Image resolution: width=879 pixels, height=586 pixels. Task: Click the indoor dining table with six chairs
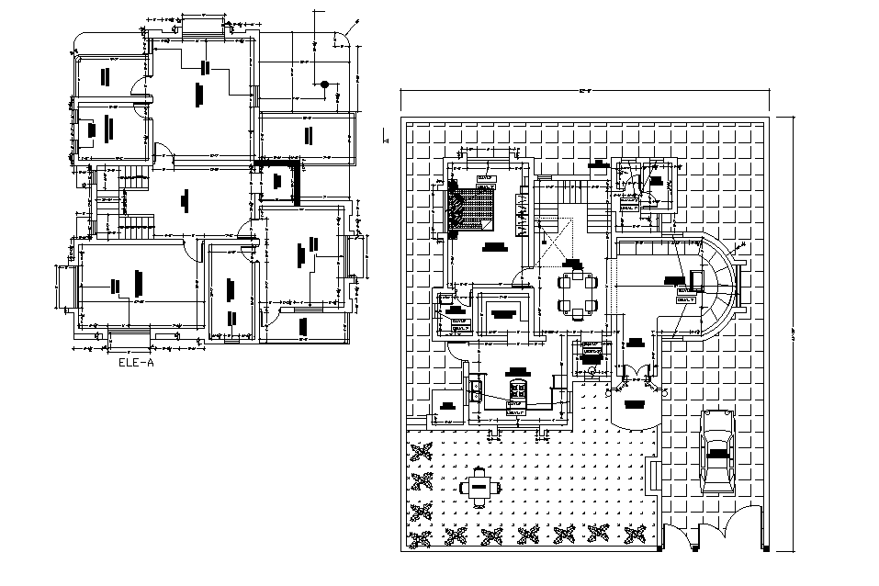[576, 292]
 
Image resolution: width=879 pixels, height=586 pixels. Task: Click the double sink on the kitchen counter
[477, 389]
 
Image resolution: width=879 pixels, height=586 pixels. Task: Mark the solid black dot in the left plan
[324, 85]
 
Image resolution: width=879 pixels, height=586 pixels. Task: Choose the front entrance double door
[635, 376]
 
